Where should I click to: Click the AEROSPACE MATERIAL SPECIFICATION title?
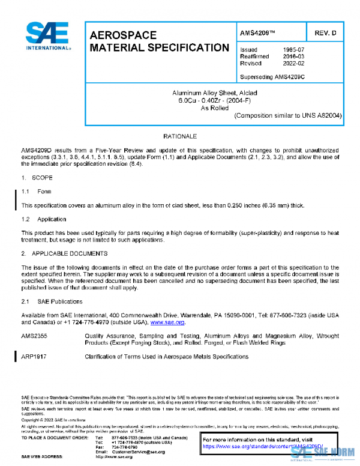click(158, 41)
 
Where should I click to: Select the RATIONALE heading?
click(180, 137)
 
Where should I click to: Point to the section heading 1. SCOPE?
click(37, 178)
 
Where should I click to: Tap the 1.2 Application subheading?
click(44, 219)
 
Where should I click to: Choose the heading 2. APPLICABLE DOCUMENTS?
click(64, 253)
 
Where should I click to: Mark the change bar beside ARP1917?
click(16, 357)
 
